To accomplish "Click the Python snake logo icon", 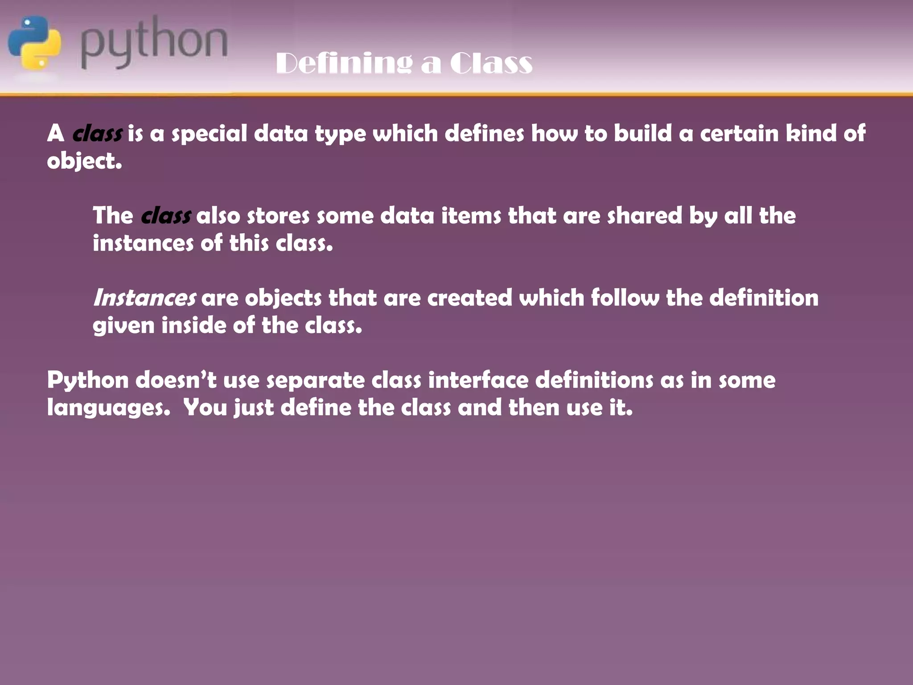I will (34, 43).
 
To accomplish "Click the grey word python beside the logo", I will (154, 43).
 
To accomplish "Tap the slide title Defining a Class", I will (404, 63).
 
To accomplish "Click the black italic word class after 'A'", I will (97, 133).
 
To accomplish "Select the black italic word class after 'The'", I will (166, 216).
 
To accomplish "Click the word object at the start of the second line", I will (84, 161).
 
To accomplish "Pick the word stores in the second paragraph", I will (278, 216).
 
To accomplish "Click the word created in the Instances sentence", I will (470, 298).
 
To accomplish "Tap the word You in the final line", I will (206, 408).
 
